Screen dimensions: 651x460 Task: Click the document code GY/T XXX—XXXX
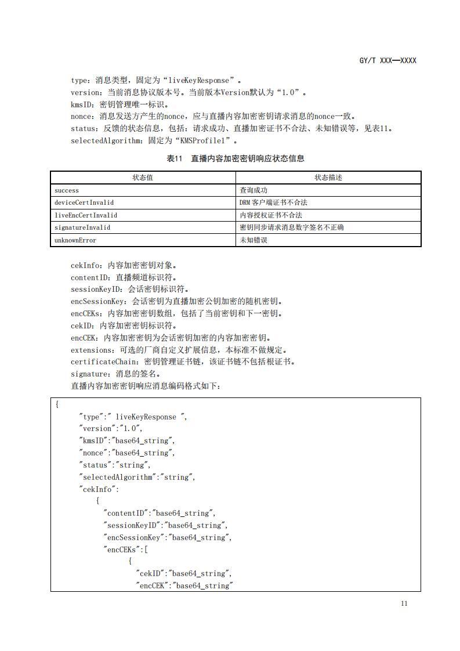pos(387,60)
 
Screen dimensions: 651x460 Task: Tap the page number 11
pos(404,603)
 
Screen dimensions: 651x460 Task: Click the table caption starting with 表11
pos(235,158)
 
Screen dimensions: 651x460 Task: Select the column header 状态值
pos(142,178)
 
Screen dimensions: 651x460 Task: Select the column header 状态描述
pos(328,178)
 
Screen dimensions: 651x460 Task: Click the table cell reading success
pos(67,190)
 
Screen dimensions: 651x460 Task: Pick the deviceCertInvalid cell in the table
pos(84,202)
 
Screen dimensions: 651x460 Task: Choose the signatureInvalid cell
pos(82,227)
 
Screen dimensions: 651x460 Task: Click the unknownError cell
pos(75,240)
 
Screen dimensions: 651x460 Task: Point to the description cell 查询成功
pos(253,190)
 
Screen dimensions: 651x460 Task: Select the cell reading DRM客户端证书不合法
pos(273,202)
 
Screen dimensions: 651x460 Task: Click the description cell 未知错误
pos(253,240)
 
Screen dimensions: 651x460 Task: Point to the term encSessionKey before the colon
pos(98,301)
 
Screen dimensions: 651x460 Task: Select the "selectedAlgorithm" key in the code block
pos(118,477)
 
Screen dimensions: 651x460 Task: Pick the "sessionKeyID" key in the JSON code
pos(132,526)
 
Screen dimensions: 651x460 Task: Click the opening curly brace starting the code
pos(57,404)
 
